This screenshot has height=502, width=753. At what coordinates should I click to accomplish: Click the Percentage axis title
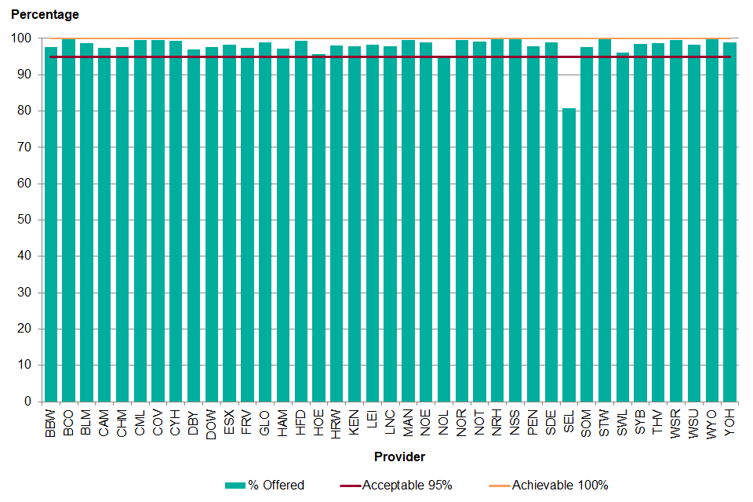(x=45, y=15)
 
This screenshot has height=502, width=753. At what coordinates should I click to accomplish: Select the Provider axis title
(x=399, y=457)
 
